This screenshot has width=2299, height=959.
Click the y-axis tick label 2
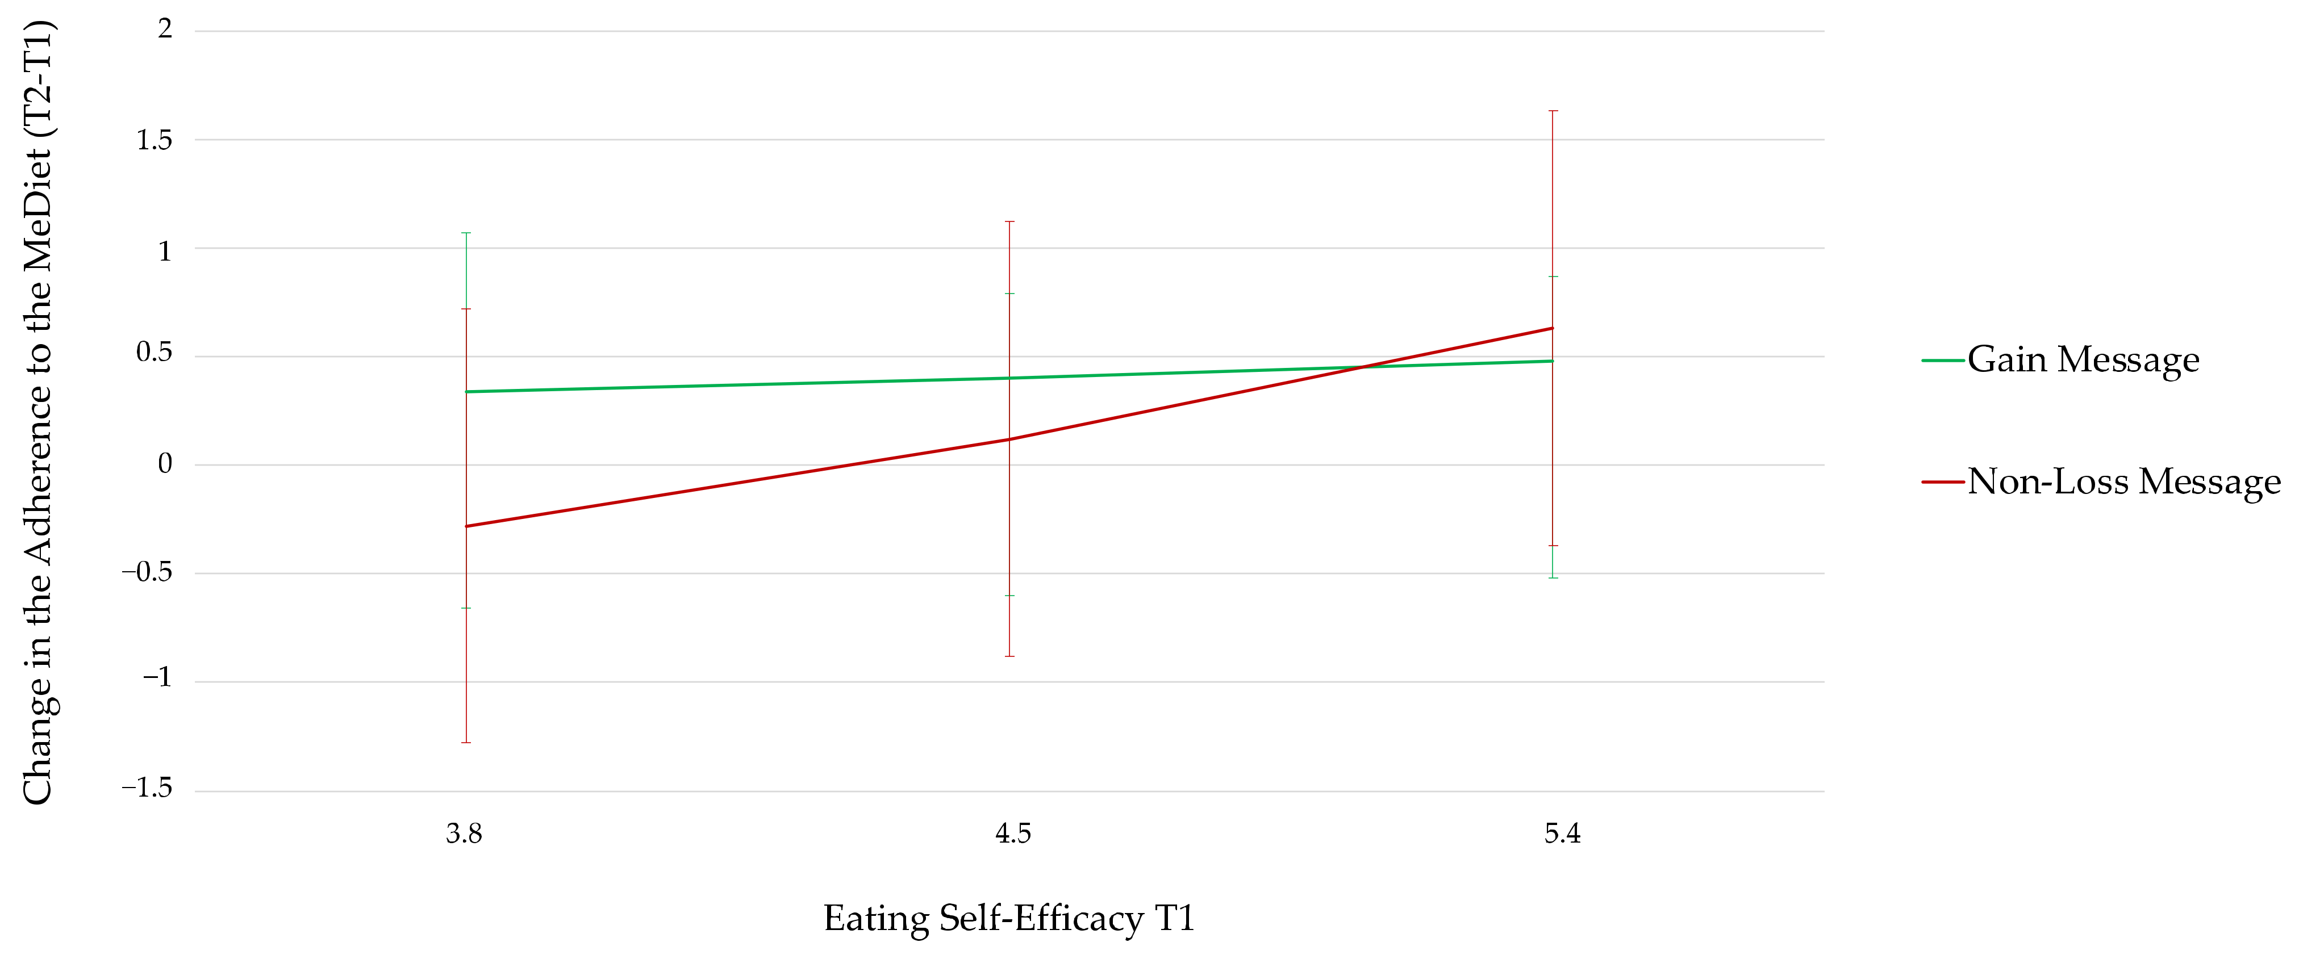pos(165,30)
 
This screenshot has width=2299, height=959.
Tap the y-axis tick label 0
pos(165,464)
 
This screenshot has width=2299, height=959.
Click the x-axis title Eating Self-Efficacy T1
pos(1008,919)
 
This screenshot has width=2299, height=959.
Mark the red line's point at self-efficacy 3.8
pos(466,526)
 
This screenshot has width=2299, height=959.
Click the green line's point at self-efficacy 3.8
pos(466,392)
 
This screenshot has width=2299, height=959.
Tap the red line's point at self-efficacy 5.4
pos(1553,328)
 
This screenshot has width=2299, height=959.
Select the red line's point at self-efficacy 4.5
pos(1009,439)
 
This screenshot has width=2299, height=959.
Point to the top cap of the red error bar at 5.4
pos(1553,111)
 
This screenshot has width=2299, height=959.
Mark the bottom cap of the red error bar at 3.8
pos(466,742)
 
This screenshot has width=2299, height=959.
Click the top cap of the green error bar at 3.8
pos(466,233)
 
